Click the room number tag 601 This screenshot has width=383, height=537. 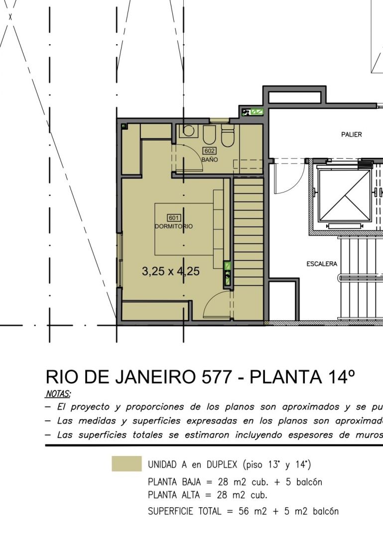click(174, 218)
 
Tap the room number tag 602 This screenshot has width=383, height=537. click(209, 151)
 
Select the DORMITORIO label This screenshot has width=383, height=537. click(174, 226)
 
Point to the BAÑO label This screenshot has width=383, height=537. click(210, 160)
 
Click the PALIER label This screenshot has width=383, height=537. click(352, 135)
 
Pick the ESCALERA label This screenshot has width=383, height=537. click(322, 264)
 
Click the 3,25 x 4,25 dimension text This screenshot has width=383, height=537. click(171, 271)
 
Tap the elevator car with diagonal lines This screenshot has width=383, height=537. click(345, 195)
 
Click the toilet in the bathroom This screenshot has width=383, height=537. click(228, 136)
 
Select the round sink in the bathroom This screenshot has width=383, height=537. click(188, 130)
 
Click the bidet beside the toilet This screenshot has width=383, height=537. click(209, 135)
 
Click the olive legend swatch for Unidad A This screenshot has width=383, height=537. click(127, 464)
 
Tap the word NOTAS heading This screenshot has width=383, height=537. click(58, 394)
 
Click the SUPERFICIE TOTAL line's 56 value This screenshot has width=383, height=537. click(244, 511)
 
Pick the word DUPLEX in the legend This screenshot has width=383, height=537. click(222, 464)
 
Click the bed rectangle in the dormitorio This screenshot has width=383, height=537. click(184, 229)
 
